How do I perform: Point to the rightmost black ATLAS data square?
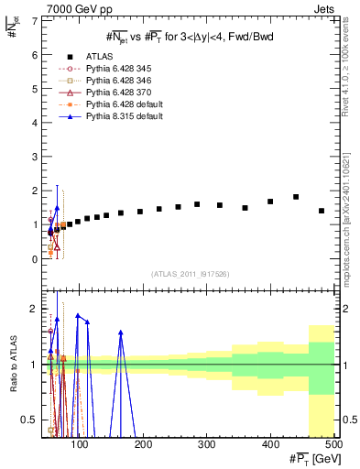coord(322,211)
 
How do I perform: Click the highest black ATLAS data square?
coord(296,197)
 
